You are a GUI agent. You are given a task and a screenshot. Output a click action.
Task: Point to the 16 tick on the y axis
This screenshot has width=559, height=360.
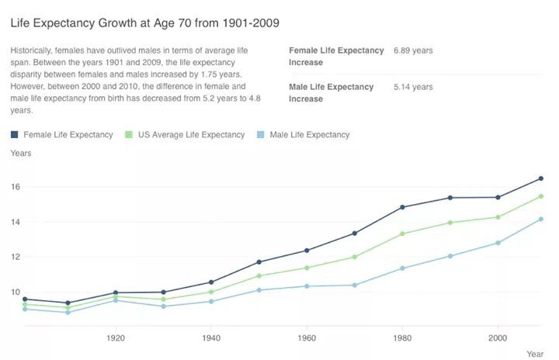pos(16,187)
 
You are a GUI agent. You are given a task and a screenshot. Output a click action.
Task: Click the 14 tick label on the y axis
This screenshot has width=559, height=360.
pos(16,222)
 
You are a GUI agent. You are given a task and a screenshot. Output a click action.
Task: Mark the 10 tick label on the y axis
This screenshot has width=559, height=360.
pos(16,292)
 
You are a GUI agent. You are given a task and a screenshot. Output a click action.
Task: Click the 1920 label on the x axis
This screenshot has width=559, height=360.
pos(116,338)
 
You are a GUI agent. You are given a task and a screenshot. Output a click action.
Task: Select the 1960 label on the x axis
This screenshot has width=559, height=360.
pos(307,338)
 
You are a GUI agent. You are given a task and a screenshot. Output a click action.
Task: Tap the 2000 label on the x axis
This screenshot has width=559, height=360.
pos(498,338)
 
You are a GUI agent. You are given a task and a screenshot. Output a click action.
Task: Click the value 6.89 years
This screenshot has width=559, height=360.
pos(413,50)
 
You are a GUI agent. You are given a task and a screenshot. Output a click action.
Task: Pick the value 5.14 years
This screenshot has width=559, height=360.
pos(413,87)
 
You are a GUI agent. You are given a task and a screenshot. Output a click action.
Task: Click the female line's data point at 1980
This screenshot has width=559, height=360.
pos(402,207)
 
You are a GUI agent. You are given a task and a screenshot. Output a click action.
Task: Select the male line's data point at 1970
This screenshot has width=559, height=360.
pos(355,285)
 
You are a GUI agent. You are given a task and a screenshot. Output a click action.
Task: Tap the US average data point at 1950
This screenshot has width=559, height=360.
pos(259,276)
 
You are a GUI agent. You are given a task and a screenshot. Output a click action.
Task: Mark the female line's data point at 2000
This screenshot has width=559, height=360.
pos(498,197)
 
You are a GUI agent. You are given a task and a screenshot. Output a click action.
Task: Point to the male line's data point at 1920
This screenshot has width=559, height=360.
pos(116,299)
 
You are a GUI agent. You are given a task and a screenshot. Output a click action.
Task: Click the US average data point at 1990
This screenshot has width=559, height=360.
pos(450,223)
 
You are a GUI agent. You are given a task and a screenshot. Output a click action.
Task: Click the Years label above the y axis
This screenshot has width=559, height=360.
pos(21,154)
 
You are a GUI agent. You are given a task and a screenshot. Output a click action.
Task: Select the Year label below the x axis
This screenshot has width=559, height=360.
pos(535,354)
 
